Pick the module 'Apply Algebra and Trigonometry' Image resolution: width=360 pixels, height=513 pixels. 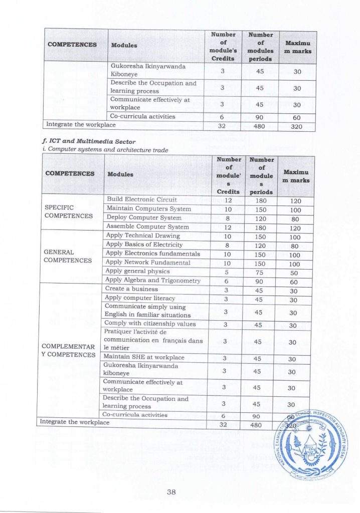click(153, 281)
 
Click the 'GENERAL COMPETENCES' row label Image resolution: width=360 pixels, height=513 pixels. click(68, 256)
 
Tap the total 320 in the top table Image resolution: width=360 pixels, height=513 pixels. click(297, 126)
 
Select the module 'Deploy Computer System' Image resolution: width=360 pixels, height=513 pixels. click(144, 217)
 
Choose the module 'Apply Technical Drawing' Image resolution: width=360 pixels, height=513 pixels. click(143, 235)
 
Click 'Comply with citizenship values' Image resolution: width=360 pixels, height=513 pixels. click(150, 324)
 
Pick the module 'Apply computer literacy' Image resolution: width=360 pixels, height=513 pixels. click(140, 298)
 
